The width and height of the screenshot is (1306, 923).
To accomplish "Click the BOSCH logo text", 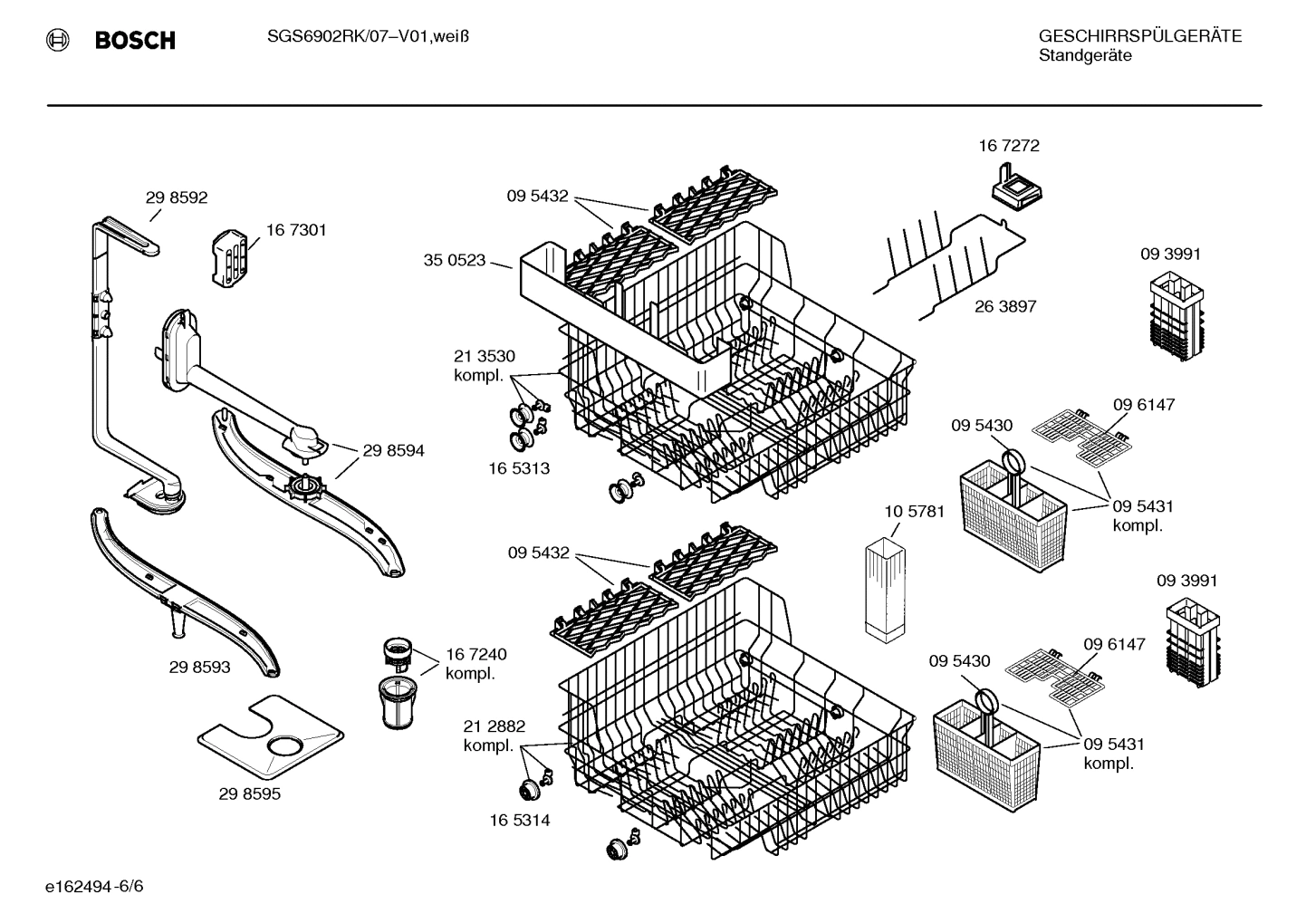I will tap(134, 40).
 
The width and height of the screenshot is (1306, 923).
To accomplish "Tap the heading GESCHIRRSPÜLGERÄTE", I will tap(1139, 37).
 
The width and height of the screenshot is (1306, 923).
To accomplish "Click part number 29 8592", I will tap(177, 197).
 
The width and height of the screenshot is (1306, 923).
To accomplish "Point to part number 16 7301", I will tap(296, 230).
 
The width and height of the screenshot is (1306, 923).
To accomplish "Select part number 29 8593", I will tap(199, 668).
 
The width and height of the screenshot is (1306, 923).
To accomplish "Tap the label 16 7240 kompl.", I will tap(475, 664).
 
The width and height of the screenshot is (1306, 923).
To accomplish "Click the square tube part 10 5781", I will tap(885, 591).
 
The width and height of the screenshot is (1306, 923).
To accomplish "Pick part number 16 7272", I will tap(1008, 146).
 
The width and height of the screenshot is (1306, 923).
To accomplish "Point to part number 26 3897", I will tap(1004, 307).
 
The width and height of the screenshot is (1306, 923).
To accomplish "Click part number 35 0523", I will tap(455, 261).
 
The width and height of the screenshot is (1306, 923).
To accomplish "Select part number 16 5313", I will tap(519, 468).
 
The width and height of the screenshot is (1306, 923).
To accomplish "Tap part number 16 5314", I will tap(519, 821).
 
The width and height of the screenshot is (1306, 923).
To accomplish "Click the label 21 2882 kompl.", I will tap(494, 736).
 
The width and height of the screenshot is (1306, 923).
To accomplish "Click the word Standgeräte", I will tap(1085, 56).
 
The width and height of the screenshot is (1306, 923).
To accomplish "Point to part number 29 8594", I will tap(393, 450).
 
